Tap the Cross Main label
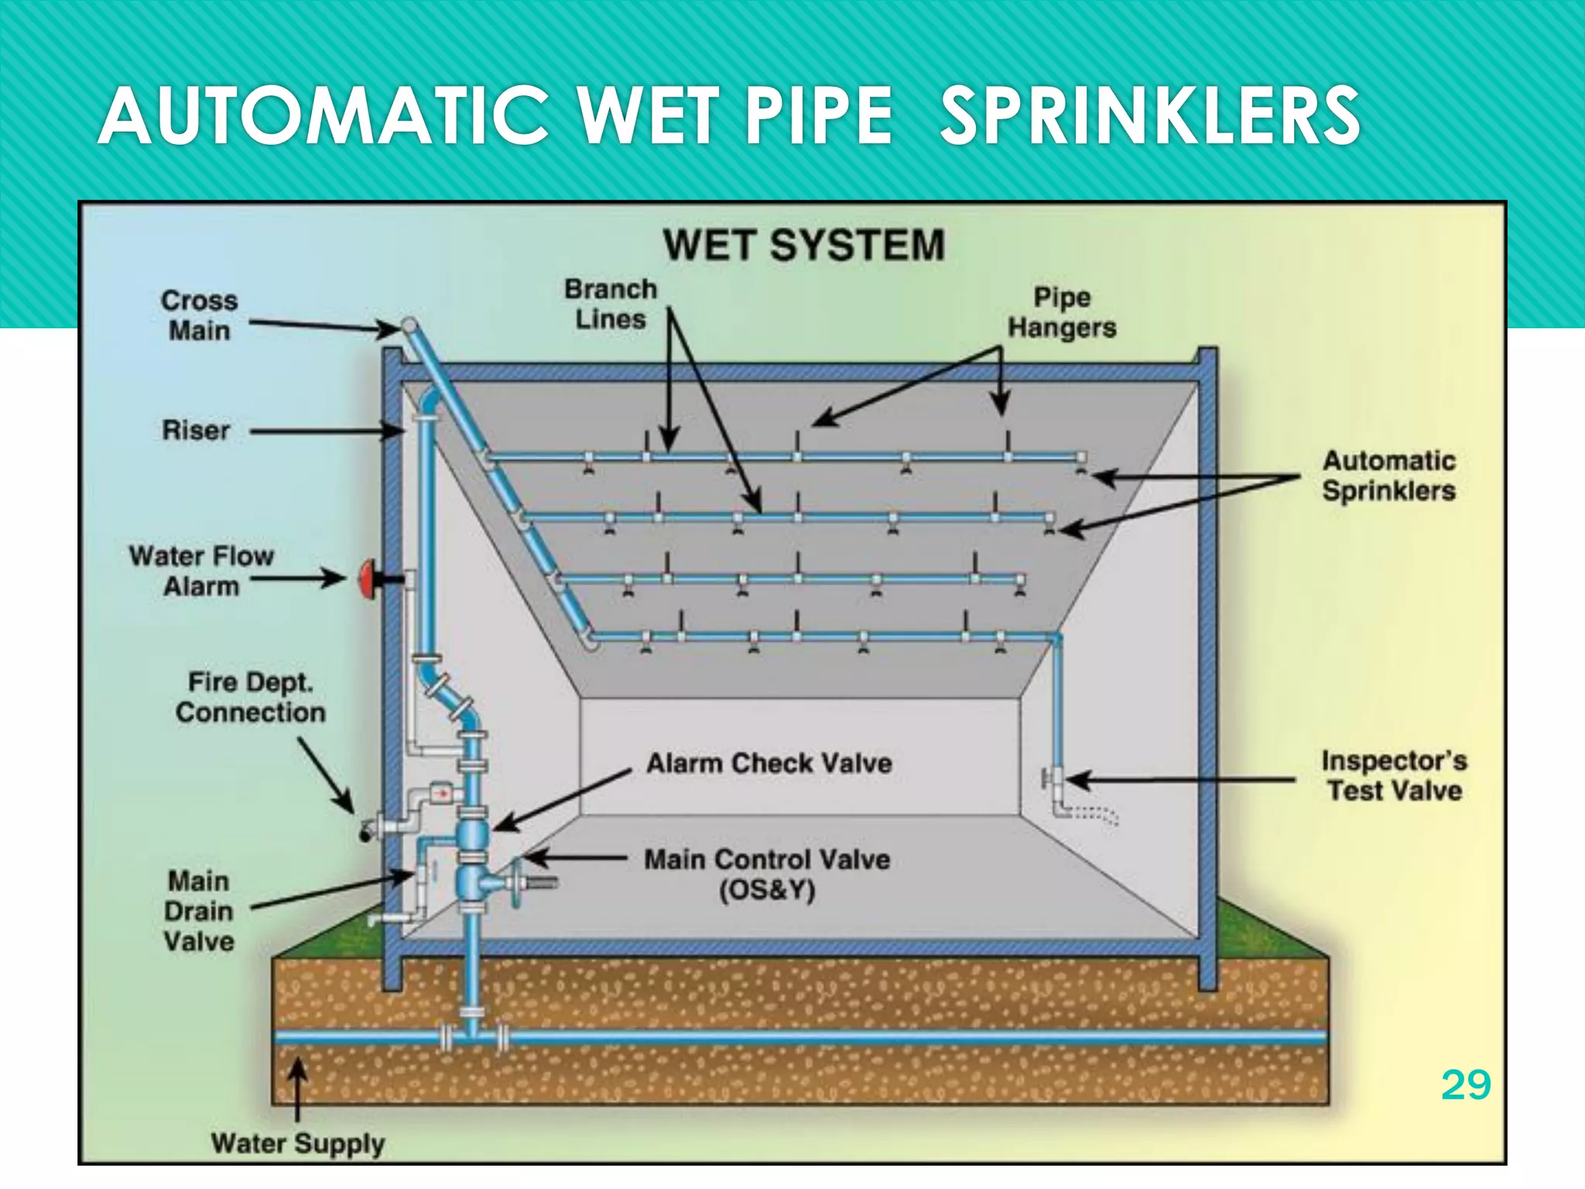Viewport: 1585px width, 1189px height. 200,315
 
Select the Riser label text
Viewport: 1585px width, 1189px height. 196,430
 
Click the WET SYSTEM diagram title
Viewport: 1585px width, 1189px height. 803,245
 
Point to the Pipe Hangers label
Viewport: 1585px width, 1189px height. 1062,312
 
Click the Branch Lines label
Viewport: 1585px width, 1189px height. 610,303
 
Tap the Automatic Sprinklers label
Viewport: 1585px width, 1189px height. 1388,475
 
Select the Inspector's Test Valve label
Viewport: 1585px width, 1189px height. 1394,775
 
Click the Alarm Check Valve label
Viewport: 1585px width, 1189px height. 769,763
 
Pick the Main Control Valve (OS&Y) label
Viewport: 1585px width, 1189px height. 767,874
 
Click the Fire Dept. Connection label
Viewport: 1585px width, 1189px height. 250,697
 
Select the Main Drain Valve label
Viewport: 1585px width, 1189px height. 199,911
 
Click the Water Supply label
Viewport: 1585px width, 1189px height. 297,1143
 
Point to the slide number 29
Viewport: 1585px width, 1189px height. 1465,1084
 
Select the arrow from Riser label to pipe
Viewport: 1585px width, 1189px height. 325,430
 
